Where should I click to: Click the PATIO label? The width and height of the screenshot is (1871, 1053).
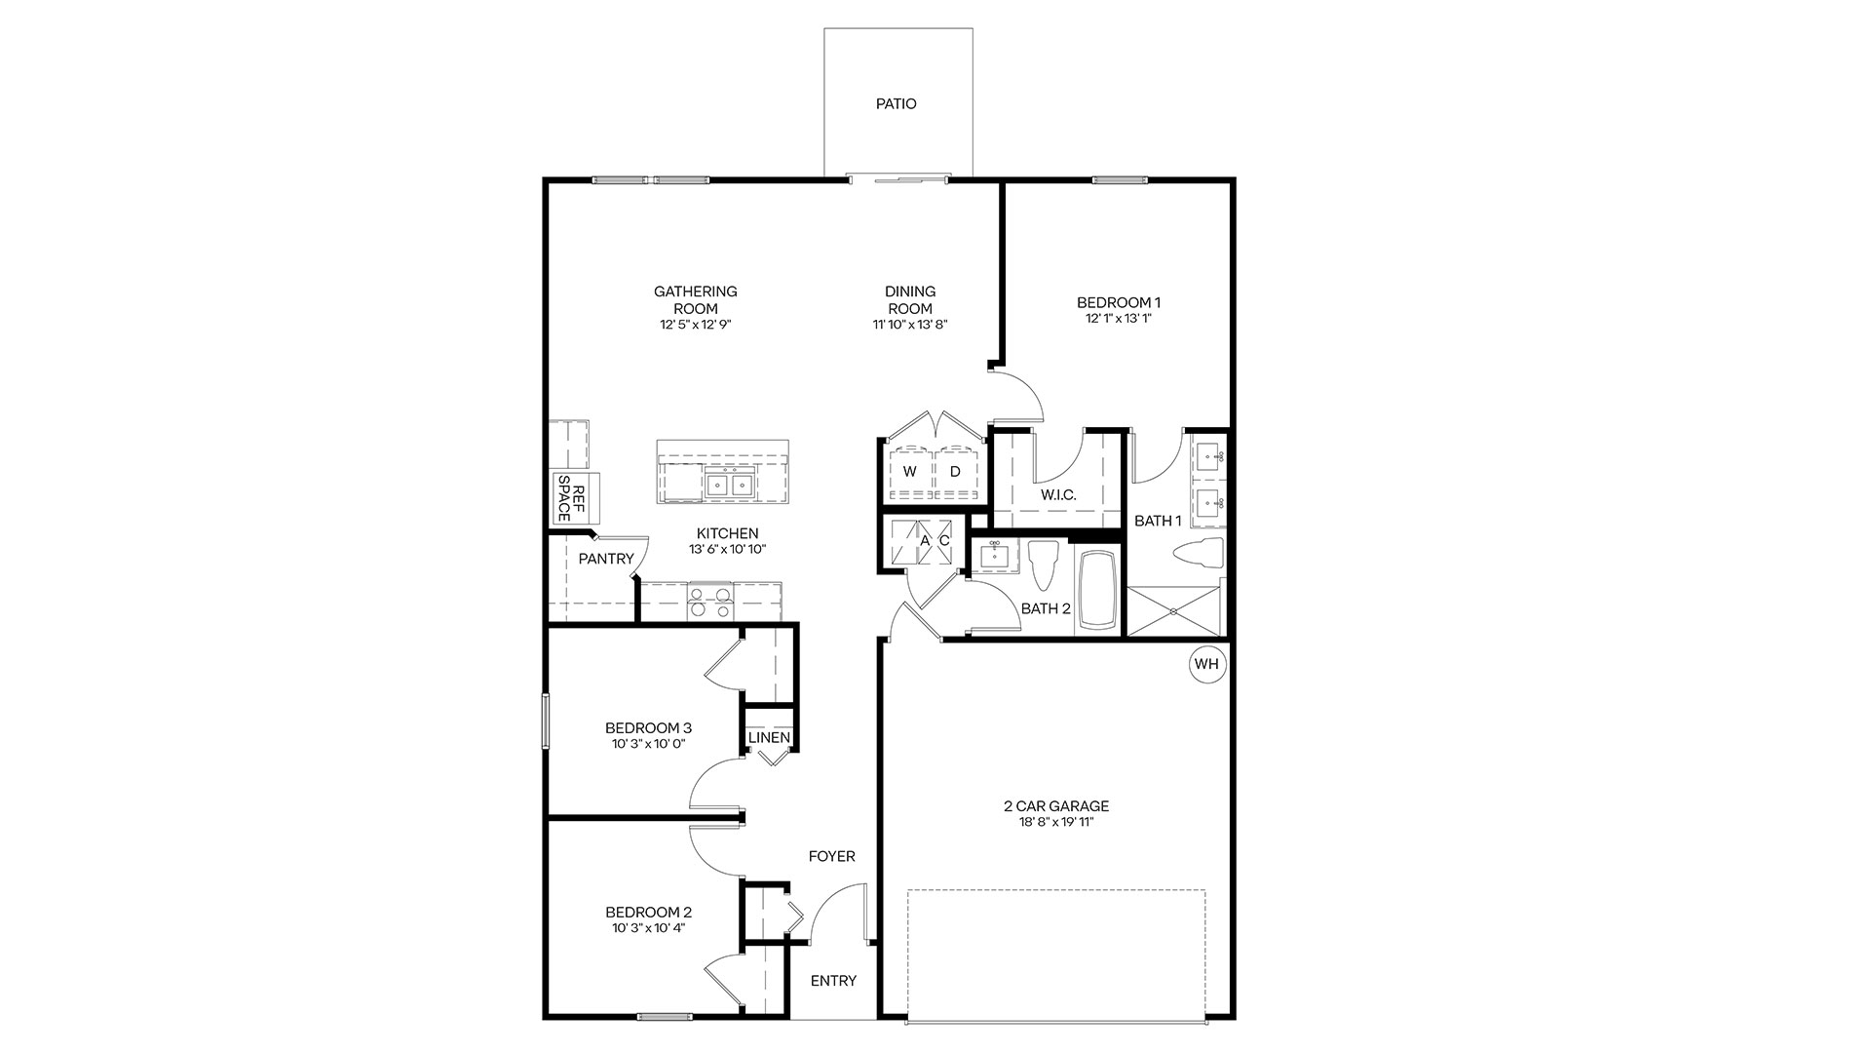coord(896,103)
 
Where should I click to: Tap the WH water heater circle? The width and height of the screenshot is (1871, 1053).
coord(1206,664)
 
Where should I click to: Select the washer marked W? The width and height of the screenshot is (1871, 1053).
coord(909,472)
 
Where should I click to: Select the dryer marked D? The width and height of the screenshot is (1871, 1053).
coord(955,472)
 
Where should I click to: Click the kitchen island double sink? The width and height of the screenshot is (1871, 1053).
coord(729,483)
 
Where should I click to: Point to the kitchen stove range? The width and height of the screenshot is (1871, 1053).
coord(709,602)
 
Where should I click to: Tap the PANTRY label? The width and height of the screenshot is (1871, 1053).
coord(606,559)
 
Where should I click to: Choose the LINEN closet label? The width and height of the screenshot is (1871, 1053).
coord(769,737)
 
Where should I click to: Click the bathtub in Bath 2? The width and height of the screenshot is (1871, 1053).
coord(1099,591)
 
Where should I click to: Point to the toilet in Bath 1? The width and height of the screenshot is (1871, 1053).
coord(1198,553)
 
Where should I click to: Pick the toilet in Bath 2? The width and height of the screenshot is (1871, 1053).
coord(1042,565)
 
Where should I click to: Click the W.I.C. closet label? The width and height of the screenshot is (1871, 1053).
coord(1058,495)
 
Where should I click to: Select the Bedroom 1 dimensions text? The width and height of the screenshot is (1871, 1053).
coord(1118,319)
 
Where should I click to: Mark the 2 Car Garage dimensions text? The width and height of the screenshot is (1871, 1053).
coord(1056,823)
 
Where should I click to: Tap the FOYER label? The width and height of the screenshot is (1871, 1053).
coord(831,856)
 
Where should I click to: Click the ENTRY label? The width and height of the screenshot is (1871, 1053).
coord(833,981)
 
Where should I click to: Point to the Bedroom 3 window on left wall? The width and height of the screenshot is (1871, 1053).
coord(546,721)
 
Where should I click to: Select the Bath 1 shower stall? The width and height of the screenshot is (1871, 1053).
coord(1174,610)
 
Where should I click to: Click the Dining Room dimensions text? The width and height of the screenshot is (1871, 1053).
coord(910,325)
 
